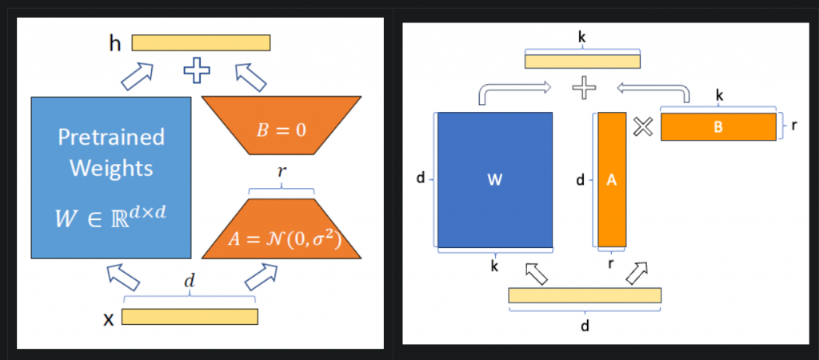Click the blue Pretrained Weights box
(x=111, y=177)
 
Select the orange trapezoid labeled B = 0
(x=281, y=128)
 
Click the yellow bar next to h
(x=201, y=42)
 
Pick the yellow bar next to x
(x=190, y=317)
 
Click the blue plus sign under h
(x=197, y=71)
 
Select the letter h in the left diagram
(x=116, y=43)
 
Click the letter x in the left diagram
(x=109, y=318)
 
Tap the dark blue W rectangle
(x=495, y=180)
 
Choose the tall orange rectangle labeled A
(x=612, y=180)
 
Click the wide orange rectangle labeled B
(x=718, y=126)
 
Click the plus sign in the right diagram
(x=584, y=87)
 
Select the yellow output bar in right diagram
(x=582, y=62)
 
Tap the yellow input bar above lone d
(x=585, y=295)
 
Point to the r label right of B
(x=793, y=126)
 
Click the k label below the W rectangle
(x=495, y=266)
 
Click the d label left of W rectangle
(x=421, y=179)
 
